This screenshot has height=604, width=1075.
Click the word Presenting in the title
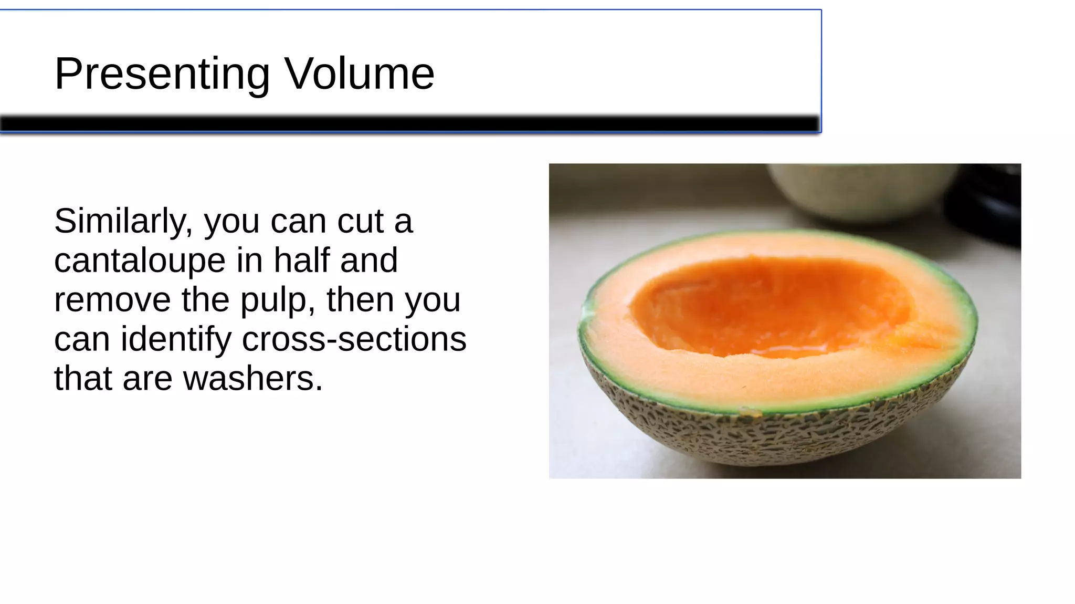(162, 74)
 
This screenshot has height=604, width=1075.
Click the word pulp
(273, 301)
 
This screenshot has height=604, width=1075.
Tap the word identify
(176, 340)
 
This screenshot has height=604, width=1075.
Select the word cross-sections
(354, 339)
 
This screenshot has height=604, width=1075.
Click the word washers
(253, 379)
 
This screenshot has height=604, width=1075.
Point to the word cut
(360, 221)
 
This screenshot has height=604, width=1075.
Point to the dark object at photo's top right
(987, 205)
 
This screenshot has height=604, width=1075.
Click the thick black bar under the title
(409, 124)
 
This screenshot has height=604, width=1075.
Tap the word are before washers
(147, 379)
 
